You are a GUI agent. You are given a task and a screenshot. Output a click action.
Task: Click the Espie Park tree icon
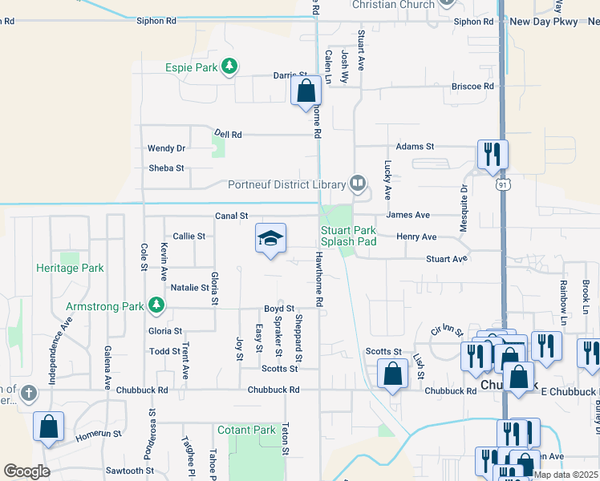(x=229, y=67)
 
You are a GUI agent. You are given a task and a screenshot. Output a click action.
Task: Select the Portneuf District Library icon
(x=358, y=184)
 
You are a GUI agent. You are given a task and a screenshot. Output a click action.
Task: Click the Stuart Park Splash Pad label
(x=349, y=236)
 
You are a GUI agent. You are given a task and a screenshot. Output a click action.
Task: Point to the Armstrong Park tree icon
(x=156, y=305)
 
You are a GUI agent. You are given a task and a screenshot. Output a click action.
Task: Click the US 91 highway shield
(x=501, y=184)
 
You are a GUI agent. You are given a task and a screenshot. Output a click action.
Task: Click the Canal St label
(x=232, y=216)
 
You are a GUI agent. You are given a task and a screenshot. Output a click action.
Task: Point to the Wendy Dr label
(x=166, y=148)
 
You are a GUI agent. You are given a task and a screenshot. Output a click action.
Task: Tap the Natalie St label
(x=189, y=287)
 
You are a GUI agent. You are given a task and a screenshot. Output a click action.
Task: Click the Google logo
(x=27, y=471)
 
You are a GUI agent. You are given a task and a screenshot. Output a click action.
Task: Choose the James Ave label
(x=407, y=215)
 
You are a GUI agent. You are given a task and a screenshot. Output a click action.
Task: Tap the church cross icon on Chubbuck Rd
(x=29, y=393)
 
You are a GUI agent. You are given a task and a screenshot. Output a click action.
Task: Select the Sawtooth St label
(x=123, y=471)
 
